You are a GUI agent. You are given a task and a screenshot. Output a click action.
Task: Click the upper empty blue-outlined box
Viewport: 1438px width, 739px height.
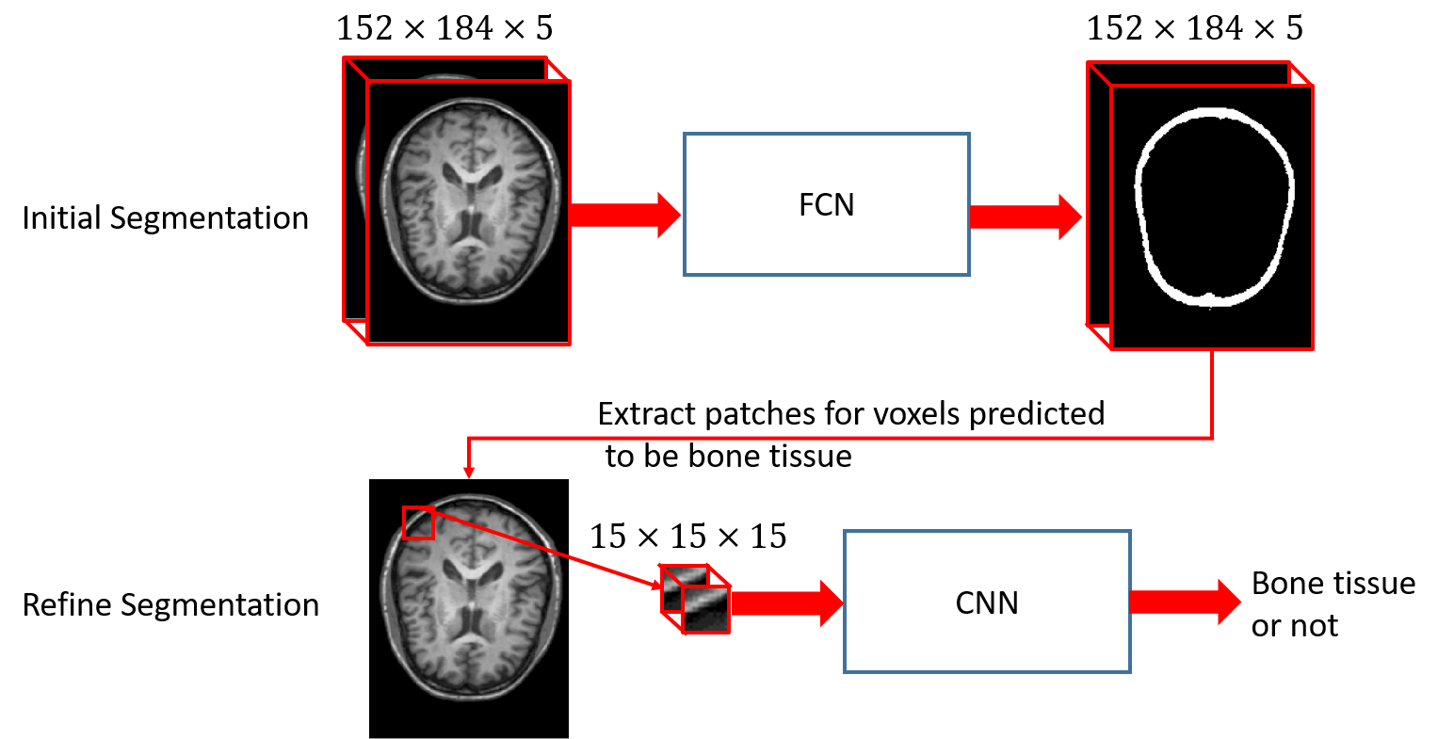(x=826, y=204)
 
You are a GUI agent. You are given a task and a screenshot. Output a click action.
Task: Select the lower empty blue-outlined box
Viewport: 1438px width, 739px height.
(x=987, y=602)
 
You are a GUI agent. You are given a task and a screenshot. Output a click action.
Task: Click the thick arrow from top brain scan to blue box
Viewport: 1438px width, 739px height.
(x=624, y=215)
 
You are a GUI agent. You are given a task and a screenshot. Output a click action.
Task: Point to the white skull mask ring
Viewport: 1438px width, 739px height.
(x=1288, y=188)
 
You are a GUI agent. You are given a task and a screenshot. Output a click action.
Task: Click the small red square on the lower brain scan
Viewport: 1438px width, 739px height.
(x=418, y=522)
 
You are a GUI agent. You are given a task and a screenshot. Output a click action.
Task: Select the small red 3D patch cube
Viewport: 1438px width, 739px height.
(x=696, y=600)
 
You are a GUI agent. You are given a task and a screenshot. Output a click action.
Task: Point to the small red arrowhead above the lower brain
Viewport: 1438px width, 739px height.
(x=469, y=473)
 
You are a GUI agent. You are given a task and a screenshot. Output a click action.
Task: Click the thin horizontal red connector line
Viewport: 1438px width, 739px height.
(x=838, y=438)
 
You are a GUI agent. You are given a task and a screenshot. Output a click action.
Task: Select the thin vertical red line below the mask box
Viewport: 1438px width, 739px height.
(x=1212, y=394)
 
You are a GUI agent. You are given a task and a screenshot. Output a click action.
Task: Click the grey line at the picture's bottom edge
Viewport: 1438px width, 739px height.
(x=468, y=737)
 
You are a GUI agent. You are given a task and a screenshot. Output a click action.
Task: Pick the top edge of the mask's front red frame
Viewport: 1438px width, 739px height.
(x=1211, y=86)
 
